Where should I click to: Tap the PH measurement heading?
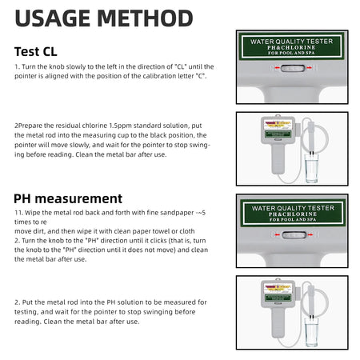pos(68,198)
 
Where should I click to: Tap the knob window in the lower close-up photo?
pos(292,235)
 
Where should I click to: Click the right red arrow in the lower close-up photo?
pos(310,235)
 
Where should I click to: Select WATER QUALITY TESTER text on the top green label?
pos(292,40)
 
